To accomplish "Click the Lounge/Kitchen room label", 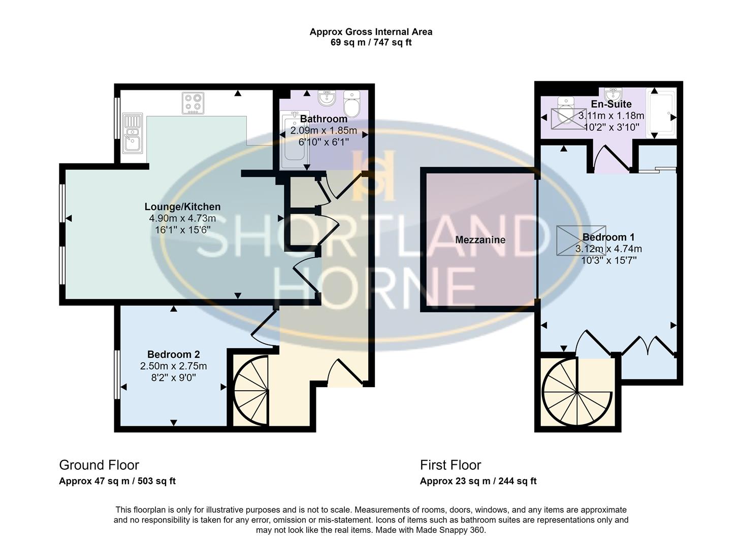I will click(x=182, y=207).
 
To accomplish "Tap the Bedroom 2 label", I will click(x=173, y=354).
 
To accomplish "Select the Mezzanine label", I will click(x=480, y=240).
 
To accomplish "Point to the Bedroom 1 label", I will click(x=608, y=237).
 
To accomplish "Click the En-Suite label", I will click(x=611, y=104).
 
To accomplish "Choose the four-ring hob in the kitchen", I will click(x=193, y=103).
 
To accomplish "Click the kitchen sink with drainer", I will click(x=132, y=133).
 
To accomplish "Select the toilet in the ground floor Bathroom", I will click(x=351, y=104).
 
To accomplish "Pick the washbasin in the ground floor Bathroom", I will click(x=325, y=97).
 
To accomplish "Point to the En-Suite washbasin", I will click(x=614, y=94).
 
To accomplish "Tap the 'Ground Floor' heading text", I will click(x=99, y=465).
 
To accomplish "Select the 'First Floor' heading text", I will click(x=450, y=465).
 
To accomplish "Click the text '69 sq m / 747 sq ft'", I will click(x=371, y=43).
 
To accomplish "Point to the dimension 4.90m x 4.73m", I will click(x=182, y=218).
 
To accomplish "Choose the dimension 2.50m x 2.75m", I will click(x=173, y=366).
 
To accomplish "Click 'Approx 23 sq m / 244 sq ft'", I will click(x=478, y=481).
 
